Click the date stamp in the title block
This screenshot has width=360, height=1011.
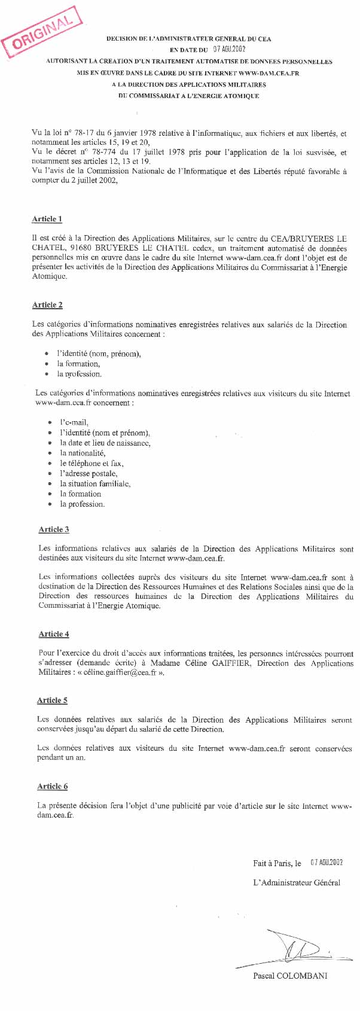tap(230, 50)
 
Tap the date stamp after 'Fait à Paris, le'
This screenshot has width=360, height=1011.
tap(327, 863)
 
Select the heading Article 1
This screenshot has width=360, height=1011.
tap(47, 219)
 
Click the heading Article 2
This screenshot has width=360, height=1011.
tap(47, 305)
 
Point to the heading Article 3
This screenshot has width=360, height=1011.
tap(54, 529)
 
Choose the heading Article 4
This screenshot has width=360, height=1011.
tap(54, 634)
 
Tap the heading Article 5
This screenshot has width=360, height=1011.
tap(52, 701)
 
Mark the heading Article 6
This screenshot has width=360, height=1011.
tap(53, 787)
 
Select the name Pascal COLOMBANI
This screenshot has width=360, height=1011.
tap(290, 976)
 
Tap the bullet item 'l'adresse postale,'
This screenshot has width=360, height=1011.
tap(89, 474)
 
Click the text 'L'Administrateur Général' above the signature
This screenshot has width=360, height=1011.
tap(297, 882)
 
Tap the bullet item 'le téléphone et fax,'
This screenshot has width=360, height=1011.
tap(91, 464)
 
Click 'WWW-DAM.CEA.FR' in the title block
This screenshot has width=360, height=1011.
tap(269, 73)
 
